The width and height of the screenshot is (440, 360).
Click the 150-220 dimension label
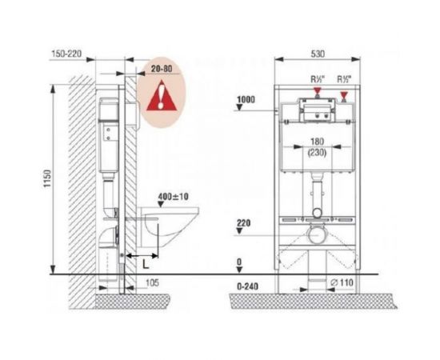click(66, 54)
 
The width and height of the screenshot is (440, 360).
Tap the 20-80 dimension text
click(162, 69)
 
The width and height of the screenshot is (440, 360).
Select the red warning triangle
click(162, 95)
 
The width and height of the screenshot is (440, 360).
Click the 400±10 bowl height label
click(173, 197)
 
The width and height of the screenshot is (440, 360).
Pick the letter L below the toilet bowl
click(146, 264)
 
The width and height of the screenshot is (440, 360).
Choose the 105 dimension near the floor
click(152, 282)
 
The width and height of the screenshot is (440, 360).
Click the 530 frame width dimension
click(318, 54)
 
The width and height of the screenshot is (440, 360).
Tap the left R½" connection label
click(318, 79)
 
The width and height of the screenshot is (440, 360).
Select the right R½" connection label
click(344, 79)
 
